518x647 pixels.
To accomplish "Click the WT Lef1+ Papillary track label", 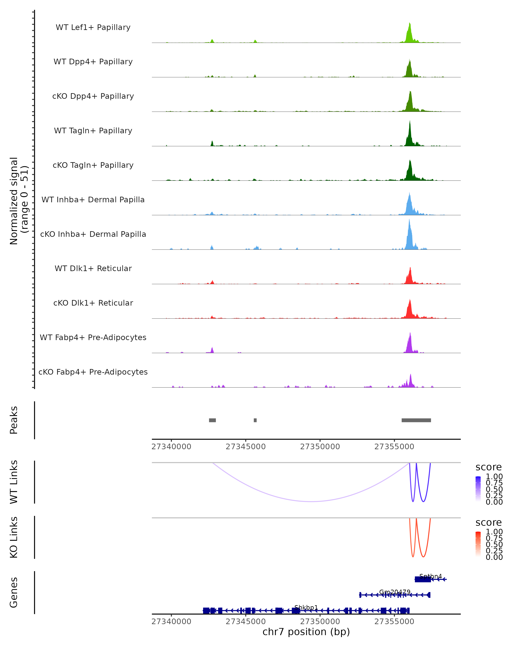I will point(93,27).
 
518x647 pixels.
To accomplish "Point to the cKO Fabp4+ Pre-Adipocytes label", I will point(93,372).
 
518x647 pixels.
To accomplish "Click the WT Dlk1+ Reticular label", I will point(93,269).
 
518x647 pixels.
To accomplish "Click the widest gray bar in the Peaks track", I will point(416,420).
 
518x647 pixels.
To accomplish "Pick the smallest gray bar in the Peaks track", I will point(255,420).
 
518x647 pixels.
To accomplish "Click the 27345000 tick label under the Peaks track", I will point(246,447).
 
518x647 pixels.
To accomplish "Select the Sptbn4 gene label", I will point(431,576).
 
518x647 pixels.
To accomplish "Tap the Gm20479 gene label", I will point(395,592).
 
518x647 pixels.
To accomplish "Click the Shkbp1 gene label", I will point(306,607).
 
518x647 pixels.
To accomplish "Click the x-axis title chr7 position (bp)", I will point(306,632).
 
